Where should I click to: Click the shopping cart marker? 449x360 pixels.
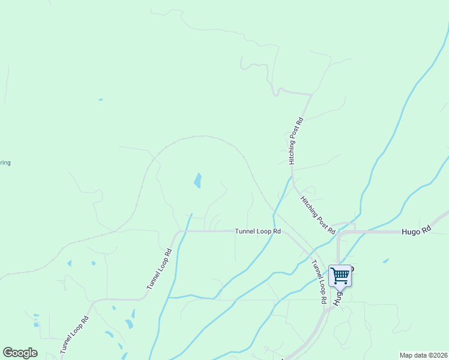340,276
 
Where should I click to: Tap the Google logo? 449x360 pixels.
20,353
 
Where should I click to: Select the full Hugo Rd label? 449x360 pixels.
416,230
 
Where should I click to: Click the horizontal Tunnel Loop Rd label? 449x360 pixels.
258,230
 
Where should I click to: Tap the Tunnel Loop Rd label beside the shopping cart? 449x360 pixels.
319,280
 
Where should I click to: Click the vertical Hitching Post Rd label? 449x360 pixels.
295,141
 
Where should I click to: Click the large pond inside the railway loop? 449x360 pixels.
197,180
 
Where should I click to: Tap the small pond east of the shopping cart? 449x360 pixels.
385,260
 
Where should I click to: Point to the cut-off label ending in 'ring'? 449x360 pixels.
5,163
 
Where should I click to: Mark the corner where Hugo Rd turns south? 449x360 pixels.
340,233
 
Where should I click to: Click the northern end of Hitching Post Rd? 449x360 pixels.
311,95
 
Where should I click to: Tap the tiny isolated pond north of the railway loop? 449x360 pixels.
100,100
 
